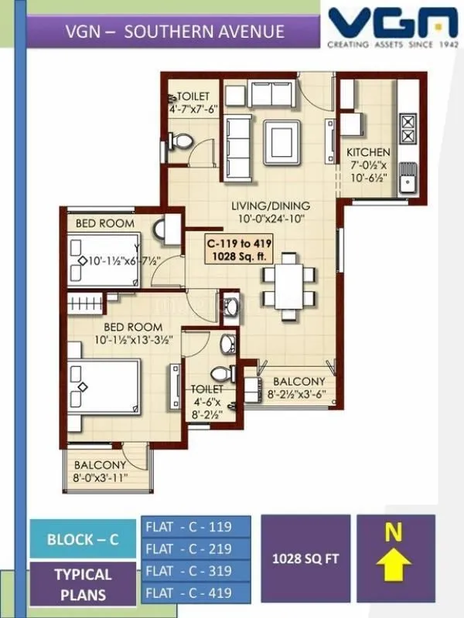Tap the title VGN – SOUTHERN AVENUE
pos(175,32)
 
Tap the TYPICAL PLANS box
pos(83,585)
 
